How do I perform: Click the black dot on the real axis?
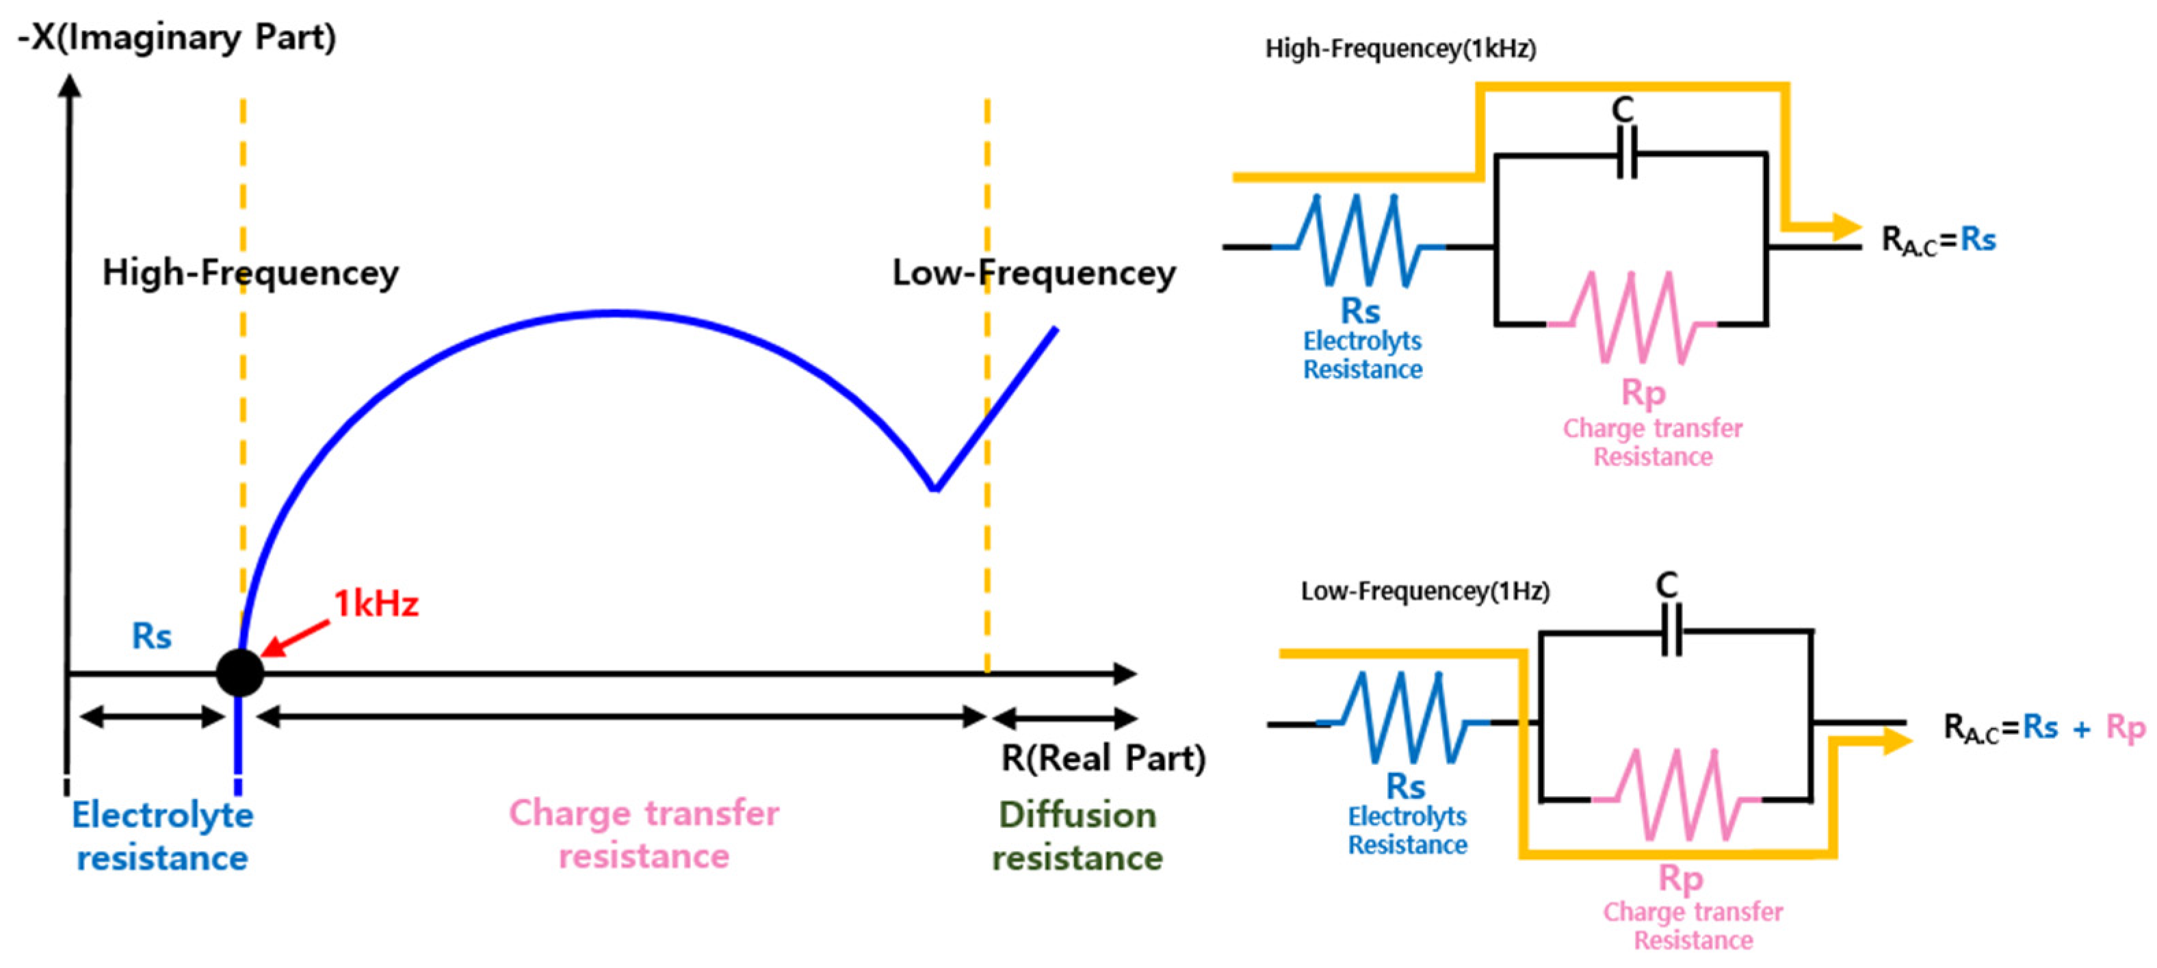tap(240, 672)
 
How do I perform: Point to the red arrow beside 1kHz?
tap(295, 638)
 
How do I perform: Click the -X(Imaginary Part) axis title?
tap(177, 38)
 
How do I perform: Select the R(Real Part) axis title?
tap(1103, 758)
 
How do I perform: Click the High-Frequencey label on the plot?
tap(250, 273)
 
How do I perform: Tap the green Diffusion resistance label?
tap(1077, 837)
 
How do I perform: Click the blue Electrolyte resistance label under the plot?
tap(162, 837)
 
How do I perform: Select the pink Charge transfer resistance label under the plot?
tap(644, 835)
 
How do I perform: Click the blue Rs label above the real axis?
tap(152, 636)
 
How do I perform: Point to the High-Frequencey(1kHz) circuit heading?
tap(1400, 49)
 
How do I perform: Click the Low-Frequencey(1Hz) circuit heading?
tap(1424, 591)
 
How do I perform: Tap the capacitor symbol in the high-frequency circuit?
tap(1626, 153)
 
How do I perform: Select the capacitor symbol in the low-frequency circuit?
tap(1671, 629)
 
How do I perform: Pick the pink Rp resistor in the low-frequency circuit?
tap(1676, 796)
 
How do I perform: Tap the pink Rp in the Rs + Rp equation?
tap(2125, 729)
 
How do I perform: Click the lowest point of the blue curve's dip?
tap(934, 488)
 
